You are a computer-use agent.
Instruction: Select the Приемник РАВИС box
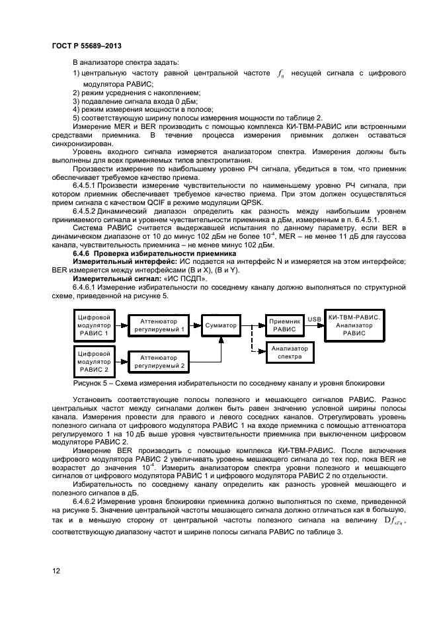pos(284,325)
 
